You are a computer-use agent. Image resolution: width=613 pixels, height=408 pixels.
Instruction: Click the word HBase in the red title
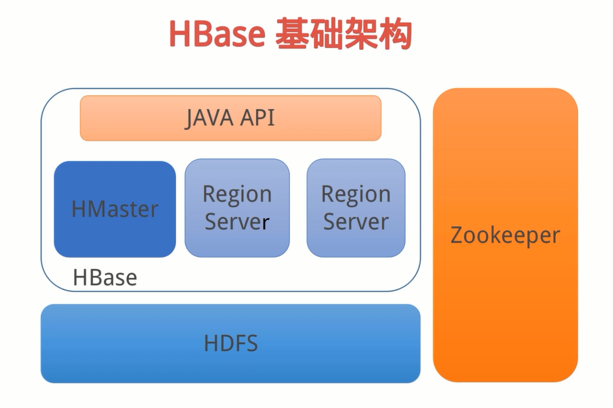point(217,35)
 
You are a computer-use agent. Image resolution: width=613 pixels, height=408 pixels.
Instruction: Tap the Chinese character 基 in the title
point(292,35)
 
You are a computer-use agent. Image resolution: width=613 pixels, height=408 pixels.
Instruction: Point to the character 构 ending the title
point(395,35)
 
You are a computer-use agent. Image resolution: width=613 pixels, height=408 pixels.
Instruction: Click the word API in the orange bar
point(257,118)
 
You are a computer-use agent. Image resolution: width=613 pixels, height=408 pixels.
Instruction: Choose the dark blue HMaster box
point(115,209)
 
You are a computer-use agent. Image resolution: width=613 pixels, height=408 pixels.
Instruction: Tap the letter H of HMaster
point(78,209)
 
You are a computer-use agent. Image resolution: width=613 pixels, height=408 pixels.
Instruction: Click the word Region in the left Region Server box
point(237,195)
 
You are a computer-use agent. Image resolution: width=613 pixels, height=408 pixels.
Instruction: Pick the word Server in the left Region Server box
point(237,222)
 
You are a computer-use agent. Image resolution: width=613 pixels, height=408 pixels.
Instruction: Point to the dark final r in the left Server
point(265,223)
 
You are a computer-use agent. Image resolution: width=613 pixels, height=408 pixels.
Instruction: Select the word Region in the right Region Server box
point(356,195)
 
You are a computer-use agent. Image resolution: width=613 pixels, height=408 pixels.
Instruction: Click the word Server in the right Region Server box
point(356,222)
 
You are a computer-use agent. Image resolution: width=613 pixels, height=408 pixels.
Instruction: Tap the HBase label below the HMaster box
point(105,278)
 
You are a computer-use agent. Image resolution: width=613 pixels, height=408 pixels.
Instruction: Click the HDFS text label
point(230,343)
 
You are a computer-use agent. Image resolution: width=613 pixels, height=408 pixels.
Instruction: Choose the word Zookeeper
point(505,235)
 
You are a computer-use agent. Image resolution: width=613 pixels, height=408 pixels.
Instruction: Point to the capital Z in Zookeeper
point(456,235)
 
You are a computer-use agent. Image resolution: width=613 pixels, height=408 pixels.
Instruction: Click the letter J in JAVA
point(189,118)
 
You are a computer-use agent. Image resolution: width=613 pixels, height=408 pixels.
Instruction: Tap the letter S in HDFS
point(251,343)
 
